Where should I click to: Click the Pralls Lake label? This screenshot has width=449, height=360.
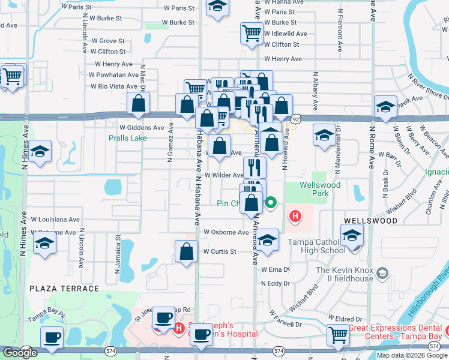pyautogui.click(x=127, y=138)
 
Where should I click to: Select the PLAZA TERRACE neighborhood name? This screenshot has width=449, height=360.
pyautogui.click(x=63, y=289)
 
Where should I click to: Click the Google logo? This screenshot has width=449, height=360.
pyautogui.click(x=20, y=353)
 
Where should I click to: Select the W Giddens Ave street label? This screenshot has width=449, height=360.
pyautogui.click(x=141, y=128)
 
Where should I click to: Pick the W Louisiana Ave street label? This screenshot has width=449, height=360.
pyautogui.click(x=56, y=220)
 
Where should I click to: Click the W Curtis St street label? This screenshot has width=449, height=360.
pyautogui.click(x=219, y=251)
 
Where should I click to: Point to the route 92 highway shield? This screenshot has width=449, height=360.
pyautogui.click(x=295, y=119)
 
